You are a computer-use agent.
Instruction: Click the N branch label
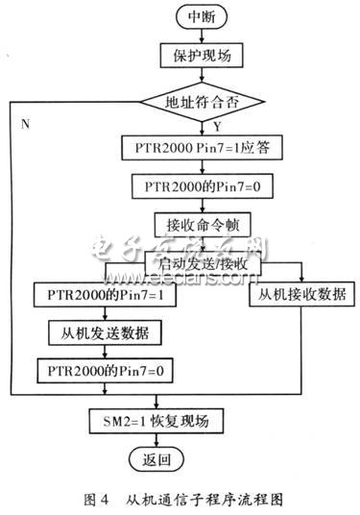pos(23,123)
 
